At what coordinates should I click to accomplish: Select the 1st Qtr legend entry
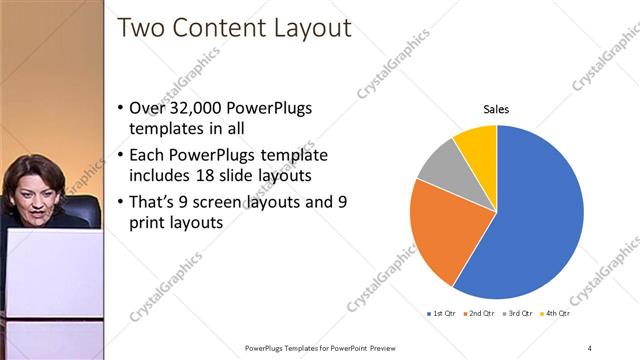tap(443, 314)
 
